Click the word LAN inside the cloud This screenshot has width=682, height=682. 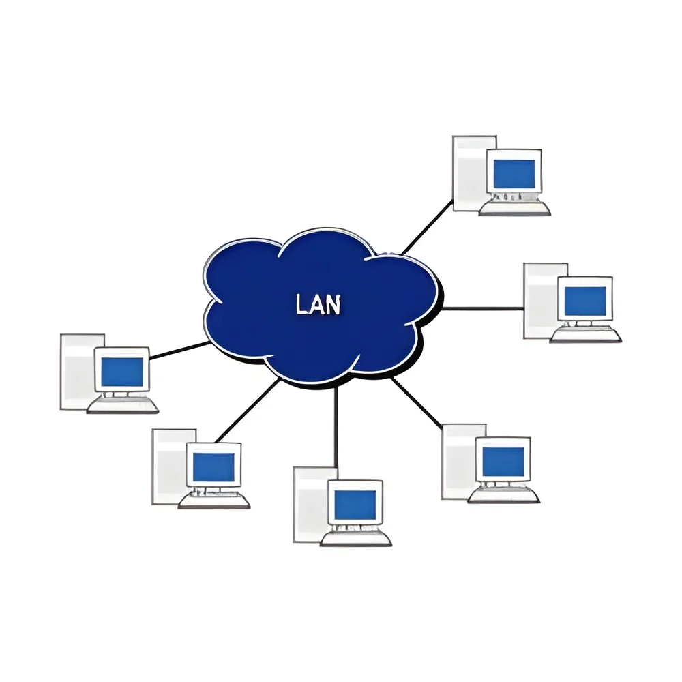[318, 304]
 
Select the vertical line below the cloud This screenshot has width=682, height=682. [336, 427]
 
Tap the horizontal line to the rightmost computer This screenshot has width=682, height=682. [483, 309]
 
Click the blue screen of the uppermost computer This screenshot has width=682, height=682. [514, 173]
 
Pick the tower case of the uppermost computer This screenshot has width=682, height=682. [470, 173]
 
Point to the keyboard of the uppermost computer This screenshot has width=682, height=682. [515, 208]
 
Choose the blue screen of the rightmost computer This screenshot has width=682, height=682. [585, 301]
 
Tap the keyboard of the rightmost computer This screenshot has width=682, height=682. [585, 336]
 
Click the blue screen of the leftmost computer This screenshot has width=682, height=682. [122, 372]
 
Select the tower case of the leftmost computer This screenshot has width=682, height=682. [78, 372]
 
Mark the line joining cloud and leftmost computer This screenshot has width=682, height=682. [180, 351]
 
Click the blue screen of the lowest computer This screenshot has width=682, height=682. [355, 505]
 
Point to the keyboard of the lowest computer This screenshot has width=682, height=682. [356, 539]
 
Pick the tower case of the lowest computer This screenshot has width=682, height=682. [310, 505]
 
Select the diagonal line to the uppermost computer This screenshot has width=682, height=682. [427, 227]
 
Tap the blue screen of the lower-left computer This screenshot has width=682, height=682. [213, 467]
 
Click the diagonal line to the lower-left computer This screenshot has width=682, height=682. [247, 411]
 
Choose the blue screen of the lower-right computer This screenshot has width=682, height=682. [503, 462]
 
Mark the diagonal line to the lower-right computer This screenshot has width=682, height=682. [417, 402]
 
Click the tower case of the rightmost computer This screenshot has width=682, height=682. [541, 301]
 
